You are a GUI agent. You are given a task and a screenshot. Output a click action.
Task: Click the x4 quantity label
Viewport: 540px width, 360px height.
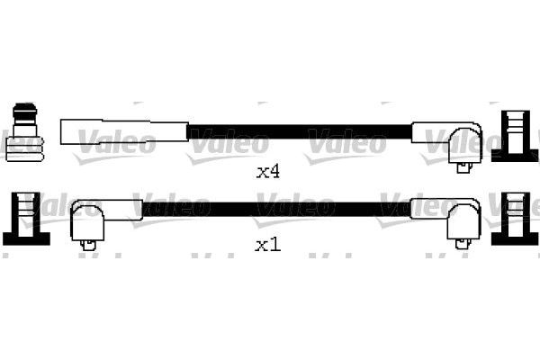pos(267,171)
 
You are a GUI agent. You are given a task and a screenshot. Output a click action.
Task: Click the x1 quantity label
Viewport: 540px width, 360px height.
pos(267,245)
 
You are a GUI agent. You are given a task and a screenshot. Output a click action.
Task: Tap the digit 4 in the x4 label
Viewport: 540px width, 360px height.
pos(274,171)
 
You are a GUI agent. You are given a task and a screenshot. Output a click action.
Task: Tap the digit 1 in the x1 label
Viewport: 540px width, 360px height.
pos(274,245)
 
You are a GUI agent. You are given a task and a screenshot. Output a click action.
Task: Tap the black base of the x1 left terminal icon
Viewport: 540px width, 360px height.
pos(24,238)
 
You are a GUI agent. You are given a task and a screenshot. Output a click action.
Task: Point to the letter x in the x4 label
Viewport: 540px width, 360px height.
pos(261,172)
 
